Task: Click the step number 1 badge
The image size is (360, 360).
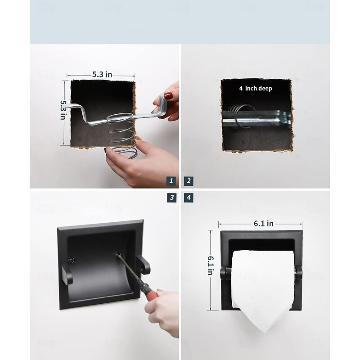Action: click(x=171, y=181)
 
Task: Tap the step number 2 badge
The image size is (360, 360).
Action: click(x=189, y=181)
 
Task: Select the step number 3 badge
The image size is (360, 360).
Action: click(x=172, y=198)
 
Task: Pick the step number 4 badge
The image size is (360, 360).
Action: click(x=189, y=198)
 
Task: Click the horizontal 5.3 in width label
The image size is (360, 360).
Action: click(x=102, y=74)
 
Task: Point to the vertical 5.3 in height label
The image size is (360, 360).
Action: click(x=63, y=110)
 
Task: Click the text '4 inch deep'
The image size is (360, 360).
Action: click(x=256, y=88)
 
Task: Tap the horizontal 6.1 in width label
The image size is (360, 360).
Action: click(x=264, y=223)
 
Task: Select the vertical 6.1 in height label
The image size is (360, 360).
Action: click(x=211, y=265)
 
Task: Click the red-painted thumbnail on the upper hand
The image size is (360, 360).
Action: click(x=168, y=95)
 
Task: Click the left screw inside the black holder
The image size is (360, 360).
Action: click(x=71, y=260)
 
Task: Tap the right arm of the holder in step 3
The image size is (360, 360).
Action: click(x=143, y=265)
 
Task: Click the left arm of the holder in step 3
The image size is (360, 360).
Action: click(x=67, y=275)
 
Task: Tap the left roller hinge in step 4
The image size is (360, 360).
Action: click(x=225, y=273)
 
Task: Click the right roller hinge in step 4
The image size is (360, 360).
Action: click(x=298, y=272)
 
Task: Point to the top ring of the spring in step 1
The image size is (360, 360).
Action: click(x=120, y=117)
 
